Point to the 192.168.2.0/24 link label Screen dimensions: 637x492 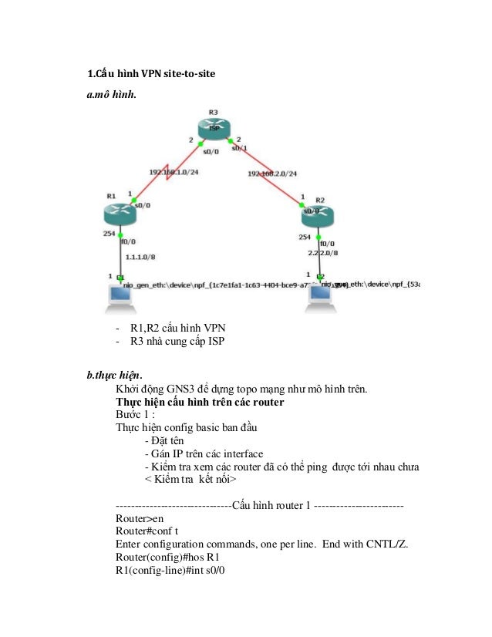coord(272,174)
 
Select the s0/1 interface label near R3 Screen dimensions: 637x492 coord(239,148)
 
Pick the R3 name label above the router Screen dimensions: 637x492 coord(214,113)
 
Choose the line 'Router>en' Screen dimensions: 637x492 coord(139,519)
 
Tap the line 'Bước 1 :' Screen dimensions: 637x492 coord(136,414)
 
